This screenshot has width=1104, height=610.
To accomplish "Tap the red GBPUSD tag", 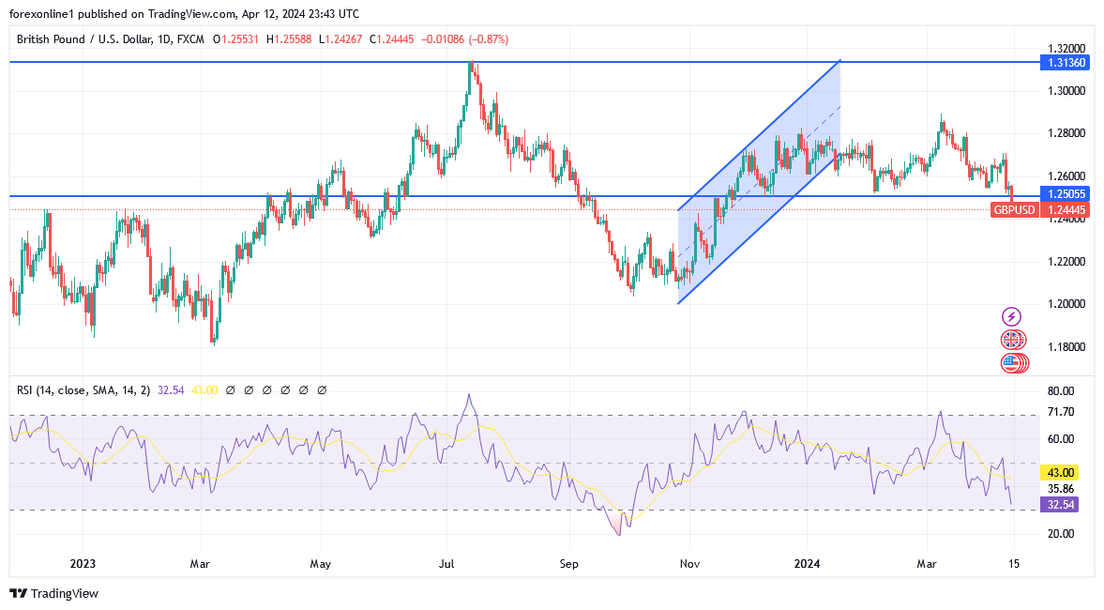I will pos(1014,210).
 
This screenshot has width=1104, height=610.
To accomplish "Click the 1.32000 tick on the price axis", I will pos(1067,48).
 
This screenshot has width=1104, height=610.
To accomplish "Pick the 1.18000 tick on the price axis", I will pos(1067,347).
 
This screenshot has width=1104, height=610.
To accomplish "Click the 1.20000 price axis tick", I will pos(1067,304).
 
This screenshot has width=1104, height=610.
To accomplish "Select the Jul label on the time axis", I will pos(446,564).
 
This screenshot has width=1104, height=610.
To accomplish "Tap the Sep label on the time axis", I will pos(567,564).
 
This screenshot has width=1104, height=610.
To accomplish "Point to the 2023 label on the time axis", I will pos(83,564).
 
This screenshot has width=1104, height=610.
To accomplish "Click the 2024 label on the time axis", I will pos(807,564).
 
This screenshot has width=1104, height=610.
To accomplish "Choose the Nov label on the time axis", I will pos(689,564).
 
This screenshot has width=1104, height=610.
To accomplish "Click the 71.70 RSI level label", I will pos(1061,412).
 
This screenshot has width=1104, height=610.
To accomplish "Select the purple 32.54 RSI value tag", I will pos(1061,505).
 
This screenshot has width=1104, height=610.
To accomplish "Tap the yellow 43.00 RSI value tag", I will pos(1061,473).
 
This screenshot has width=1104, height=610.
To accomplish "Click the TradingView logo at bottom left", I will pos(53,593).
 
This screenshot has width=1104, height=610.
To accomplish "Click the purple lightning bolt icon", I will pos(1011,317).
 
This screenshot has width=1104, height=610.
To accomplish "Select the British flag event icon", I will pos(1012,340).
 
